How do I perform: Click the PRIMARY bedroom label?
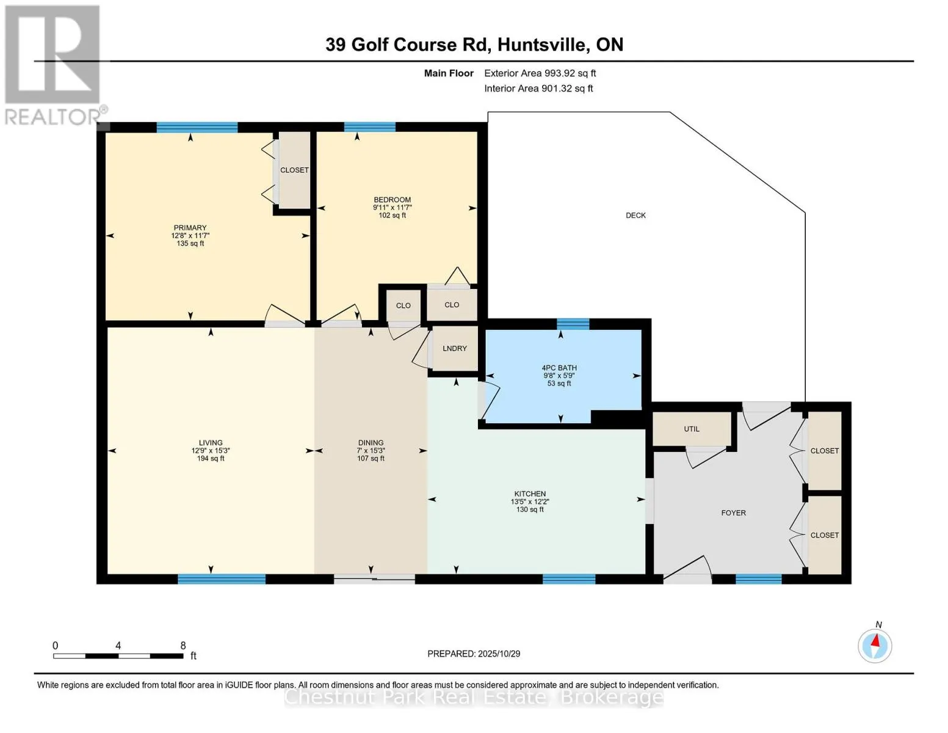coord(190,228)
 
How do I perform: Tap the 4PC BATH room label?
coord(559,368)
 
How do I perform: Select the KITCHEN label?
coord(530,494)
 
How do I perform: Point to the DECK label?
coord(635,215)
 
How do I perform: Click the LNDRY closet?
coord(455,349)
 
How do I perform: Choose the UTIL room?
coord(692,429)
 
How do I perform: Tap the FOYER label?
coord(733,513)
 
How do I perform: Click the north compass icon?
coord(875,644)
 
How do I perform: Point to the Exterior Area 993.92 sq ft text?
coord(540,73)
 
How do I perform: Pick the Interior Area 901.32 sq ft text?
coord(538,89)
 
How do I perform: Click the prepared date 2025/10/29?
coord(474,654)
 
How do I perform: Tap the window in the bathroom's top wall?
coord(573,324)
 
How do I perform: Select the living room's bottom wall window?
coord(222,578)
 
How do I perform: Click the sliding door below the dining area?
coord(374,578)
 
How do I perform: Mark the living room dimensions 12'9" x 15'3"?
coord(211,451)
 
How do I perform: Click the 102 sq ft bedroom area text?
coord(392,216)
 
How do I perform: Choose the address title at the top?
coord(474,45)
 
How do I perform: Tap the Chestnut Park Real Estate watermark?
coord(474,697)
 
